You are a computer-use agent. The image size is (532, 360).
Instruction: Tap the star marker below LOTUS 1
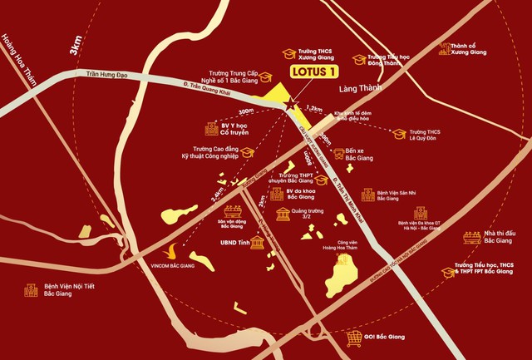pyautogui.click(x=290, y=106)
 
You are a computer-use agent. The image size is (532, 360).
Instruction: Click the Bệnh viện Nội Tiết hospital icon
pyautogui.click(x=30, y=291)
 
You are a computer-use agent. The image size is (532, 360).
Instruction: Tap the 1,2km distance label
pyautogui.click(x=313, y=109)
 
